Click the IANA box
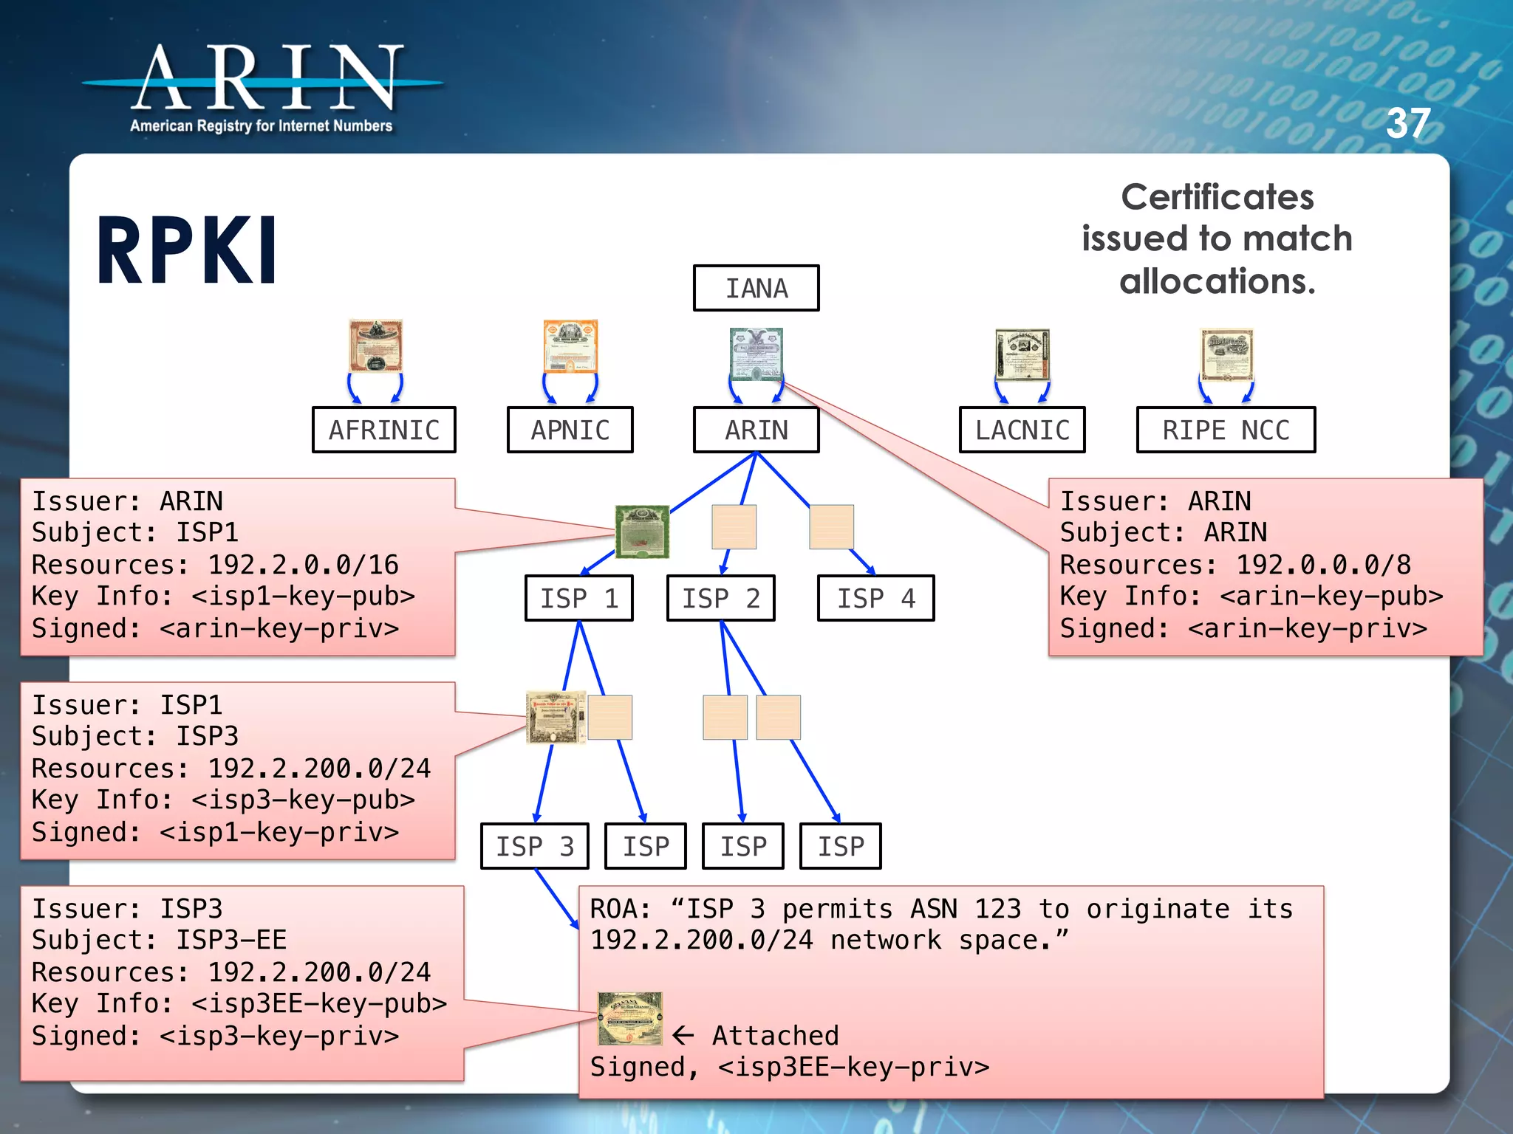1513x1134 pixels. [x=756, y=288]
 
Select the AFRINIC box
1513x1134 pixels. [x=383, y=430]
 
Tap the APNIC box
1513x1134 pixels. [x=570, y=430]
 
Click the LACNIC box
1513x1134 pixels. [x=1022, y=430]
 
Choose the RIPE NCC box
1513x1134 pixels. [x=1226, y=430]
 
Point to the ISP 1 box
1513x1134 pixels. [x=578, y=598]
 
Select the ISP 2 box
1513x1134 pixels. [x=720, y=598]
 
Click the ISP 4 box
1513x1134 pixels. [x=875, y=598]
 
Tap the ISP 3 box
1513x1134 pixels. [x=534, y=846]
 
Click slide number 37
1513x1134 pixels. [x=1408, y=123]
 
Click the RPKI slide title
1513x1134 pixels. [x=187, y=251]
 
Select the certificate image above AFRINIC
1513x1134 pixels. [x=376, y=346]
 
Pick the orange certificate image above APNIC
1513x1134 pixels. [x=570, y=346]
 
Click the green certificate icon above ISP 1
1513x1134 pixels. [x=642, y=531]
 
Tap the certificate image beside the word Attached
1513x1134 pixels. [x=630, y=1019]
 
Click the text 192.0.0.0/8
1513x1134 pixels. [x=1323, y=565]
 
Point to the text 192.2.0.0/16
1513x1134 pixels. [x=303, y=565]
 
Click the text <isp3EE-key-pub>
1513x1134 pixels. [x=319, y=1004]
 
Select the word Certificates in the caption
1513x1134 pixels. [x=1217, y=197]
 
